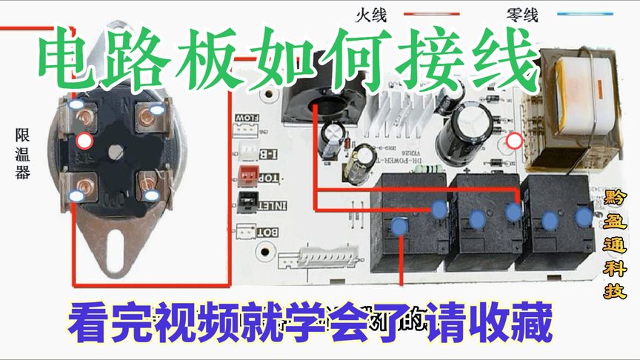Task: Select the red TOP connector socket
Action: click(247, 175)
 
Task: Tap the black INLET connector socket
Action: click(247, 201)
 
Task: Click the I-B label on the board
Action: click(270, 153)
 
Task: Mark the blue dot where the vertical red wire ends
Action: click(401, 227)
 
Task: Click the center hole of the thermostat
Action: click(116, 151)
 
